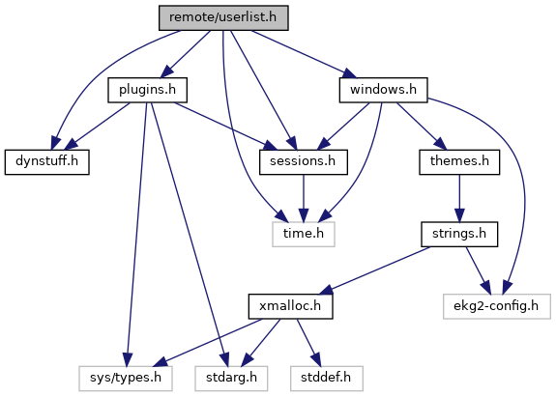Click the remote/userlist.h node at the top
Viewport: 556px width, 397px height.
coord(223,17)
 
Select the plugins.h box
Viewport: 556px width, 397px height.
coord(148,90)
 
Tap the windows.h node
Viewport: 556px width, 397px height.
coord(383,90)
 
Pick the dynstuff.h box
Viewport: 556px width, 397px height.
coord(46,162)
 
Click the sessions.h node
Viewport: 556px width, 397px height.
coord(304,162)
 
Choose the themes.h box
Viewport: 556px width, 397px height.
coord(459,162)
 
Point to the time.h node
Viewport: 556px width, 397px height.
coord(304,234)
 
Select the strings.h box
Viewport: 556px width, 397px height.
coord(459,234)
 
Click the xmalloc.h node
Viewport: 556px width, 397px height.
coord(290,306)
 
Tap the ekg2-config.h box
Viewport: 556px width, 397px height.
coord(496,306)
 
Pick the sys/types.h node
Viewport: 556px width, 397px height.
coord(126,379)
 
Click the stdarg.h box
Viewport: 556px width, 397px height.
coord(231,379)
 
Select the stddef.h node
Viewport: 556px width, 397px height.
coord(327,379)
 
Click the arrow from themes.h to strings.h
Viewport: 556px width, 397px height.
coord(459,198)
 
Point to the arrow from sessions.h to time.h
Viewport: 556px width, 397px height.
coord(304,198)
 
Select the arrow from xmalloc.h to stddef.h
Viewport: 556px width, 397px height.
coord(308,343)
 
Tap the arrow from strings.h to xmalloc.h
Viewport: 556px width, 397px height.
coord(375,270)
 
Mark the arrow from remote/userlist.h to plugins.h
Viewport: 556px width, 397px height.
coord(186,54)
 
